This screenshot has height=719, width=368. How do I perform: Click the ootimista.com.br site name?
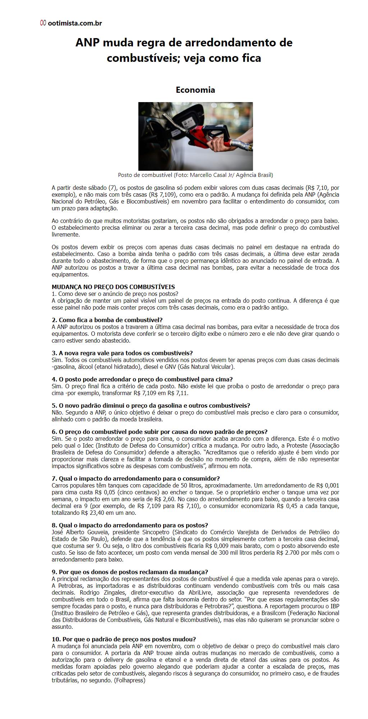(x=75, y=23)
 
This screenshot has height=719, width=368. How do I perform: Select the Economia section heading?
(x=195, y=90)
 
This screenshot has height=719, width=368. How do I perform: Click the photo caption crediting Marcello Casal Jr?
(x=195, y=175)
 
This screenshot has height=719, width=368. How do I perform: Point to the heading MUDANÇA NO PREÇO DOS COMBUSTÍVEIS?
(x=113, y=287)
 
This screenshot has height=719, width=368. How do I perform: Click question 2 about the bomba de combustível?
(x=107, y=320)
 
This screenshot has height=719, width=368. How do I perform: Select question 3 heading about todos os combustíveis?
(x=122, y=353)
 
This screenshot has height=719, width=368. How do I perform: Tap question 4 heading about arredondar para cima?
(x=142, y=379)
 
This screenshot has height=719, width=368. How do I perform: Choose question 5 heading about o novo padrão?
(x=151, y=406)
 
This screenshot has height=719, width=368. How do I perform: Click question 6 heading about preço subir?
(x=160, y=432)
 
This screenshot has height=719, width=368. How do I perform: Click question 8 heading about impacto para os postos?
(x=130, y=525)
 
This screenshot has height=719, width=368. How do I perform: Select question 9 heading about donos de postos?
(x=130, y=572)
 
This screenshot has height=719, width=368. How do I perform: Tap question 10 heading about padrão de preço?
(x=124, y=639)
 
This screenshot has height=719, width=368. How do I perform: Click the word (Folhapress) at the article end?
(x=130, y=681)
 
